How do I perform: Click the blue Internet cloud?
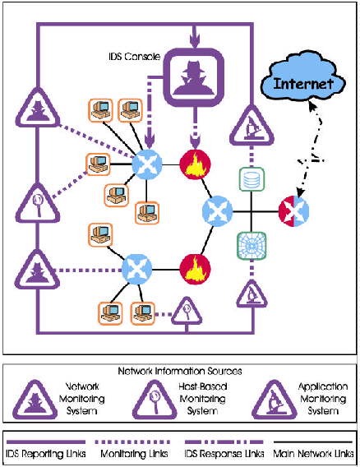coord(302,80)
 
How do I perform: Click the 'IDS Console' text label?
coord(134,56)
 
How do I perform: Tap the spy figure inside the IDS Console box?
coord(194,78)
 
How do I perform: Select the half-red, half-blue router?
coord(293,211)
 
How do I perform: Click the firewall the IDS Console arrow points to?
coord(195,164)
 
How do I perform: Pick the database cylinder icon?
coord(252,179)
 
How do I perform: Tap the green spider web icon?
coord(252,246)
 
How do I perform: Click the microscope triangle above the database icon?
coord(252,126)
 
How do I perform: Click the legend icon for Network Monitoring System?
coord(35,400)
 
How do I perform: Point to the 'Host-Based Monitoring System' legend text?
coord(203,399)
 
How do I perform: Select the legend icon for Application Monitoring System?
coord(275,400)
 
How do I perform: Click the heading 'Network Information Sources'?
coord(180,371)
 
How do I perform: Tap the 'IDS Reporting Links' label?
coord(46,454)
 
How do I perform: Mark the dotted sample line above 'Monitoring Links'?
coord(132,442)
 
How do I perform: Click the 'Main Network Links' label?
coord(313,454)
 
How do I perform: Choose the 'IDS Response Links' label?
coord(224,454)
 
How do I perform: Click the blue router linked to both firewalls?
coord(217,210)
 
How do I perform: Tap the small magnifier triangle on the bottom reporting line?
coord(187,312)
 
